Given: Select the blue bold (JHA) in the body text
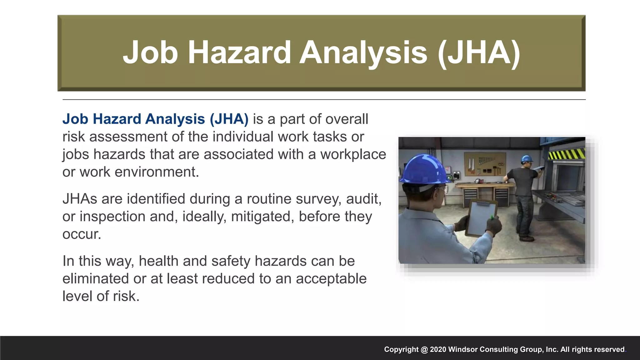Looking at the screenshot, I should pos(229,119).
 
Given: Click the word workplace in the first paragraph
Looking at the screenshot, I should pos(353,154).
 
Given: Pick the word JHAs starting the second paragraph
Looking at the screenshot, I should pos(80,199).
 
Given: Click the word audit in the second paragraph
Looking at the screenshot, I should pos(363,199).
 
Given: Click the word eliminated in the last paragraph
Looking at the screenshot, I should pos(95,279).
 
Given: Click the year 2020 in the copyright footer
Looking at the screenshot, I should pos(438,349).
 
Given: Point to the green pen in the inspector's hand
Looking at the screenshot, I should pos(492,217).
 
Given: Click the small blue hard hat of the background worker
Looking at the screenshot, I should pos(527,158).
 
